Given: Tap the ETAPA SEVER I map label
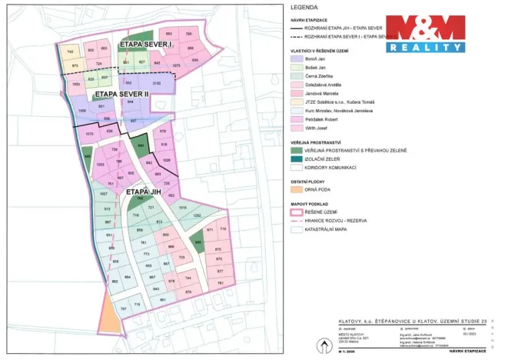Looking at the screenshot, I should [x=146, y=46].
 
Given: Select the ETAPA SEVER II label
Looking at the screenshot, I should [x=116, y=94].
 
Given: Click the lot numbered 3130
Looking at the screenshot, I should [x=156, y=82].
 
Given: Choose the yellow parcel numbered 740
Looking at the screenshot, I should [x=70, y=51].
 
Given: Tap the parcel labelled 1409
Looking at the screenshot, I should [x=82, y=112].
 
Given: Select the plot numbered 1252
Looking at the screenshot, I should [x=197, y=216].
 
